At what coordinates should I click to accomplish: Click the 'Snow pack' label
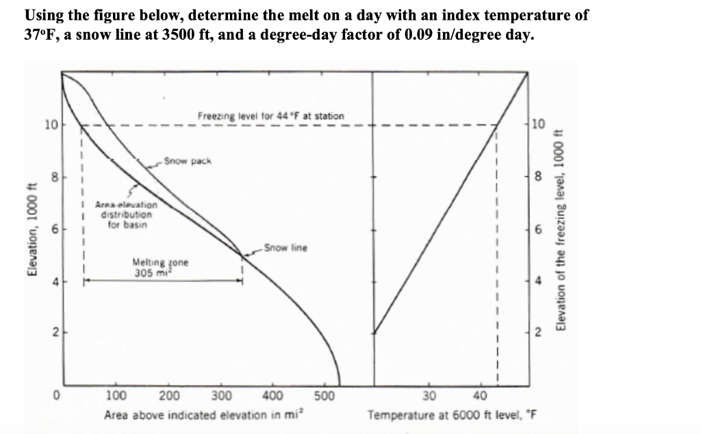pos(190,162)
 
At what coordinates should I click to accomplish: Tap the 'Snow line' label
pos(285,247)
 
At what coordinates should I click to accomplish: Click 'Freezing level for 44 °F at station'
pos(271,116)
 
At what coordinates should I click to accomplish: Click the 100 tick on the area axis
pos(118,396)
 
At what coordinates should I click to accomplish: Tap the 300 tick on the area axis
pos(220,396)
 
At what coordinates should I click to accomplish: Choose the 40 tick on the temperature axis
pos(481,396)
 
